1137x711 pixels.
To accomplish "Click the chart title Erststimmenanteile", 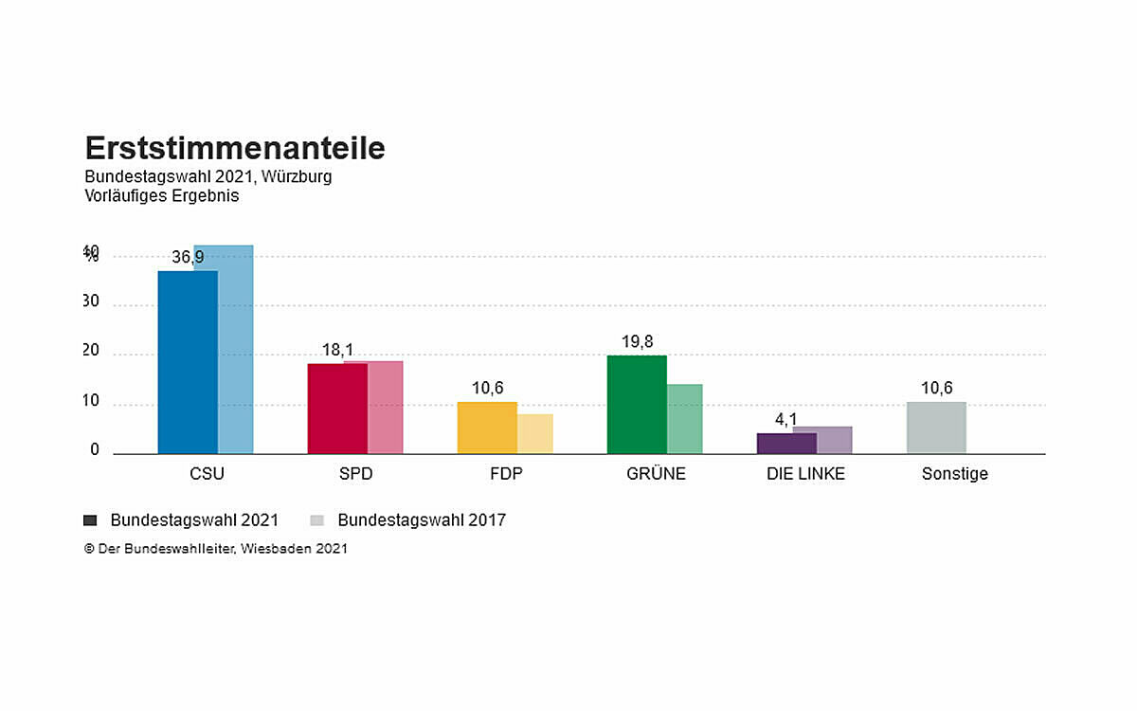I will click(x=235, y=149).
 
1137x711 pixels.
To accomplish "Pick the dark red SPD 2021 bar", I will click(x=337, y=409).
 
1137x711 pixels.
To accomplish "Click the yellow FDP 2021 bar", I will click(x=487, y=428).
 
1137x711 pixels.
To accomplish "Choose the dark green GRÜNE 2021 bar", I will click(x=637, y=405).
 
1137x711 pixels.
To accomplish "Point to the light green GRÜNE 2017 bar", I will click(x=685, y=419).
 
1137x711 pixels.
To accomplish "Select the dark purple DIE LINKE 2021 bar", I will click(x=786, y=444).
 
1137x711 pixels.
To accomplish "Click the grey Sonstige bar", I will click(x=936, y=428).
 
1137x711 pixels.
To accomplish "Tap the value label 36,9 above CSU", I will click(x=188, y=257).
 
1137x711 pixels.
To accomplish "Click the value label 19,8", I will click(x=637, y=341).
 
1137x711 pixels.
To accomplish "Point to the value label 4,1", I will click(x=786, y=420).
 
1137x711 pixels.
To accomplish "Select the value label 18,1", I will click(x=337, y=350).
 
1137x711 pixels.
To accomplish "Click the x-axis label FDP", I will click(x=506, y=474).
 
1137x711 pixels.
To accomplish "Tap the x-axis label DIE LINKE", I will click(x=805, y=474).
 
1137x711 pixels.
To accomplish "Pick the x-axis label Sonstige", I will click(x=955, y=474).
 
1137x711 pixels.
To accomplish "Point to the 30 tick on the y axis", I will click(x=91, y=301).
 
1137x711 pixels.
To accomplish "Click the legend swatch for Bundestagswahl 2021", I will click(x=91, y=520).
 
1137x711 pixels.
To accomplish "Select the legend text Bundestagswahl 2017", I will click(x=422, y=520).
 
